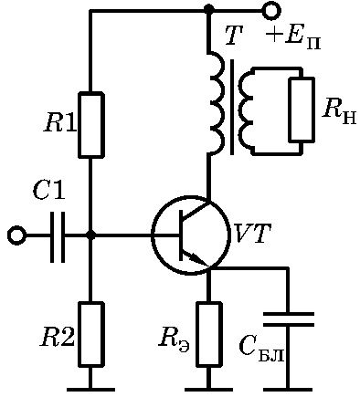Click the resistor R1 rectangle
tap(91, 125)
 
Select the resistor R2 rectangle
tap(91, 334)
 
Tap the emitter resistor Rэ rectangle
tap(208, 334)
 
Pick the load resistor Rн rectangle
tap(302, 110)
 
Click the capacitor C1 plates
tap(58, 236)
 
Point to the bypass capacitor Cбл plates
tap(288, 319)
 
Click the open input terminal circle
tap(16, 235)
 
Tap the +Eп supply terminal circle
tap(271, 11)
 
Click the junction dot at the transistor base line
tap(90, 235)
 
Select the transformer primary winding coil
tap(217, 103)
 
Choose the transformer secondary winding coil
tap(247, 111)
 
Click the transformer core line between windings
tap(232, 107)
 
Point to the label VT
tap(253, 234)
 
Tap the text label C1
tap(48, 191)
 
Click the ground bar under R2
tap(90, 390)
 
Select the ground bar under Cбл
tap(288, 390)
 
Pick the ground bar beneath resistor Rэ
tap(208, 390)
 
